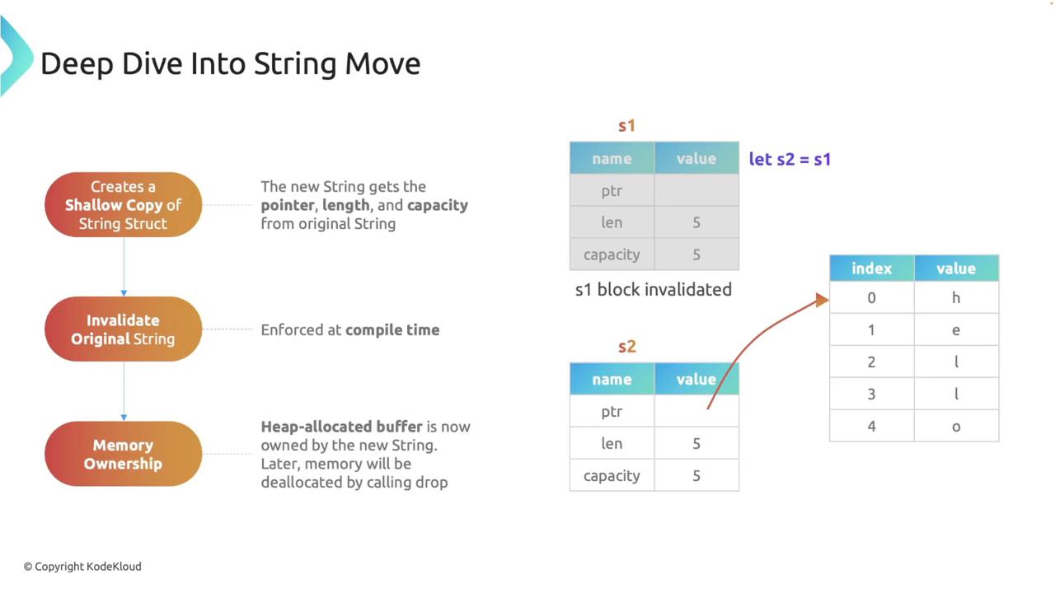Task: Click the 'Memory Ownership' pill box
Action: click(124, 454)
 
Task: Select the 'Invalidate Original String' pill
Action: click(124, 329)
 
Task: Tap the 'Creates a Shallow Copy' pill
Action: click(124, 204)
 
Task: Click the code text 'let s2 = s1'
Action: click(790, 159)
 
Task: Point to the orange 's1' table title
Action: click(626, 126)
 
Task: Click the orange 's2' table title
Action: click(627, 347)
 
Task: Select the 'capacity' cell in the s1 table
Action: click(612, 254)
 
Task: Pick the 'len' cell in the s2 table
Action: click(612, 443)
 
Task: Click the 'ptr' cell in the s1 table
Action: click(612, 190)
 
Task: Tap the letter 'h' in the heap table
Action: click(956, 297)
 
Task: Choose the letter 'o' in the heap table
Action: click(956, 427)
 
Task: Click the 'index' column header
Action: click(872, 268)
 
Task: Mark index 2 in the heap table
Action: click(871, 362)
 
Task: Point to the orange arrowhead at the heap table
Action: click(823, 300)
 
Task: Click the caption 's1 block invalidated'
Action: click(654, 289)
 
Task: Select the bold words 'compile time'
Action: click(392, 330)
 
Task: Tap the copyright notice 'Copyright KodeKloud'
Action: click(82, 566)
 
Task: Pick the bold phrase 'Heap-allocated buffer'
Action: click(341, 427)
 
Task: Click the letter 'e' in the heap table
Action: click(956, 330)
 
